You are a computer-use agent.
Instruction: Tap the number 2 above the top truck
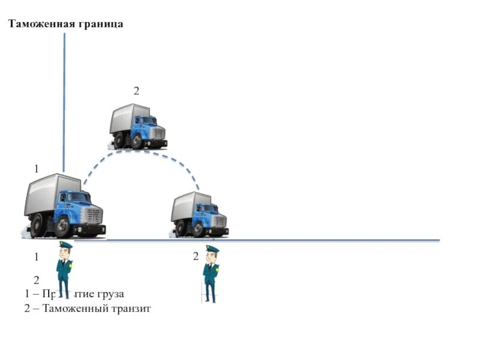tap(136, 91)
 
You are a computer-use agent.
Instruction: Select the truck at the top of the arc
tap(137, 126)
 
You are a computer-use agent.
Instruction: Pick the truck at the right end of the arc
tap(199, 215)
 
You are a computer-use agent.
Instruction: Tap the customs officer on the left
tap(64, 270)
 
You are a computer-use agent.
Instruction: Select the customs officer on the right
tap(210, 273)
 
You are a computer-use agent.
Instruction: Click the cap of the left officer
tap(65, 245)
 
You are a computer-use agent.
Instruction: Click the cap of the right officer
tap(212, 248)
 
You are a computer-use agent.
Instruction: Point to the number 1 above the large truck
tap(36, 169)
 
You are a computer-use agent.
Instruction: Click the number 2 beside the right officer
tap(196, 257)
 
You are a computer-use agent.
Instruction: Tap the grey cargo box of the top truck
tap(124, 118)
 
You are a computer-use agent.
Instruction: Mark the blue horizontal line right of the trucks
tap(336, 240)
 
